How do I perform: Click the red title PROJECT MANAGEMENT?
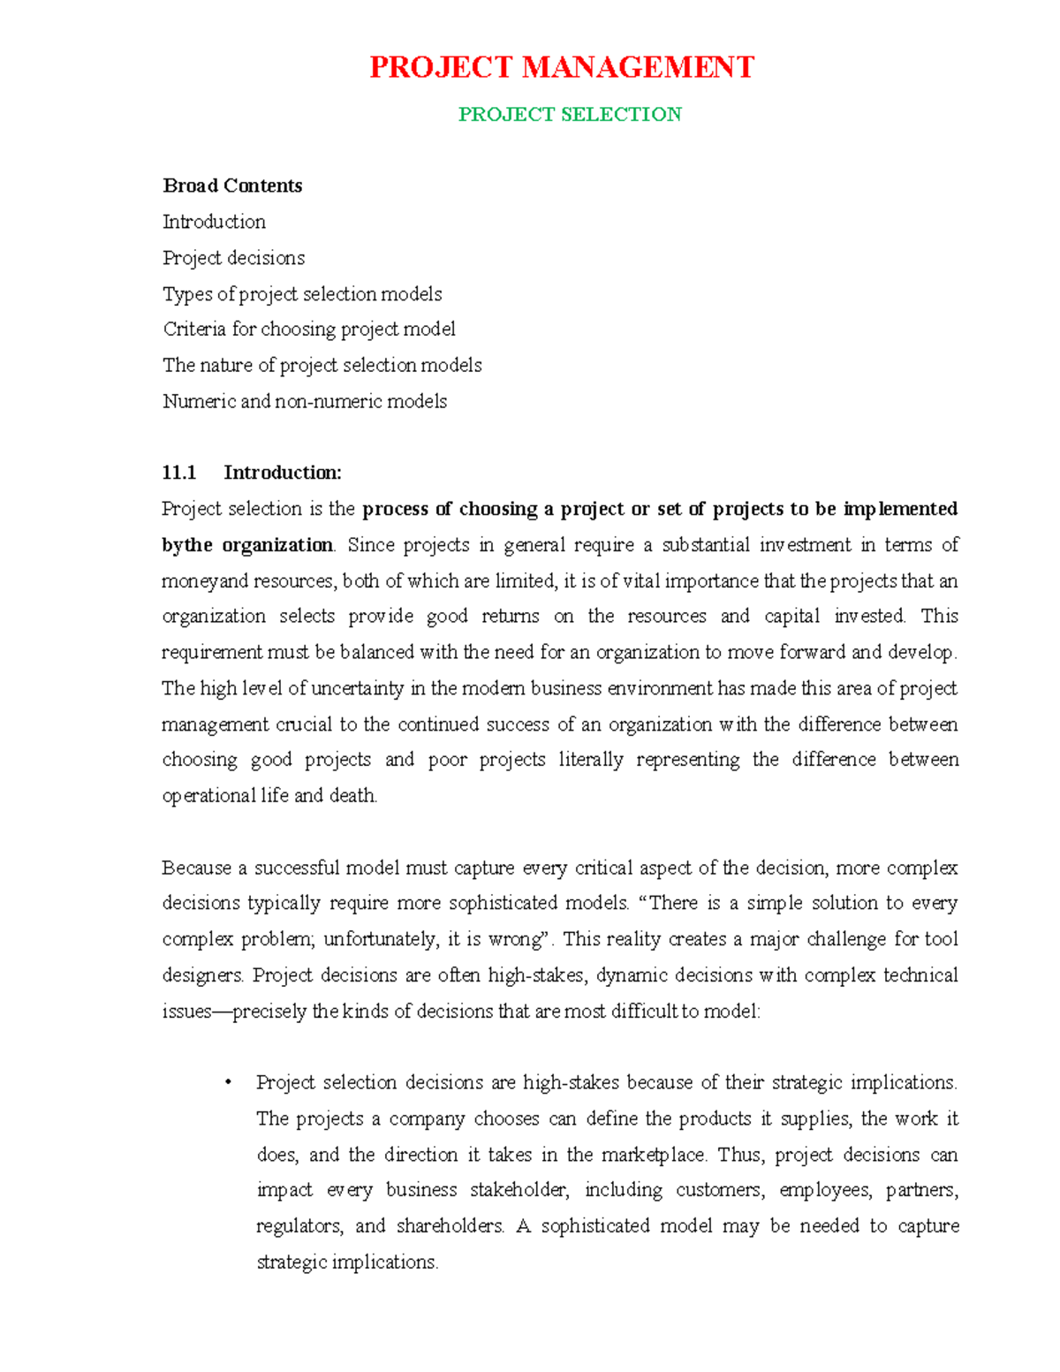561,67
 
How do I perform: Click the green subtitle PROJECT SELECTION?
570,114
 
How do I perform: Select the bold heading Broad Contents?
232,186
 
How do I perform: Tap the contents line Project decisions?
233,258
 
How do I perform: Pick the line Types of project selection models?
302,293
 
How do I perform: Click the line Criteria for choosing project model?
309,330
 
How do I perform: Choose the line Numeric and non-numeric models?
305,401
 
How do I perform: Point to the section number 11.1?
179,473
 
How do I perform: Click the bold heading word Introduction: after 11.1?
283,473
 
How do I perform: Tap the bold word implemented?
900,509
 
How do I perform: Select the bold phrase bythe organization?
247,545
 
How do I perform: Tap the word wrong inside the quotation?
526,939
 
